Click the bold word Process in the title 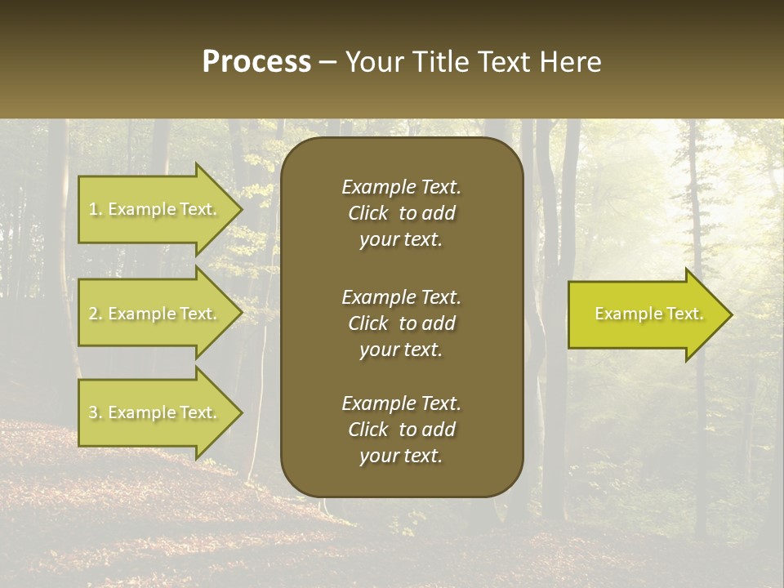coord(256,62)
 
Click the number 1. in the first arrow coord(96,209)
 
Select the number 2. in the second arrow coord(96,314)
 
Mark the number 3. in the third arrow coord(96,412)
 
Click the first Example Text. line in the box coord(401,187)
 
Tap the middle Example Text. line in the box coord(401,296)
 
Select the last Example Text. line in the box coord(401,403)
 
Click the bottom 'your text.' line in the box coord(401,456)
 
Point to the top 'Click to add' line coord(401,213)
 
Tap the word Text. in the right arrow coord(684,314)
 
